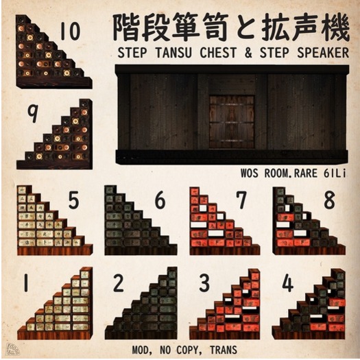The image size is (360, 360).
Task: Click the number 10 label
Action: [70, 32]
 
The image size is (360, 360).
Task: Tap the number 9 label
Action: [32, 114]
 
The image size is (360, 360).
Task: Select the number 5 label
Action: [73, 200]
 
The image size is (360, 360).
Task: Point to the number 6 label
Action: [159, 200]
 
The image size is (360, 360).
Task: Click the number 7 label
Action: [241, 200]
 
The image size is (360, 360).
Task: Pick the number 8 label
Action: [328, 200]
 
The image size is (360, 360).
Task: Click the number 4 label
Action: [287, 283]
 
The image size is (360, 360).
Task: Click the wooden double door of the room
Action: [231, 121]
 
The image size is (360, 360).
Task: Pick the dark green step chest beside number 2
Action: [144, 309]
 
